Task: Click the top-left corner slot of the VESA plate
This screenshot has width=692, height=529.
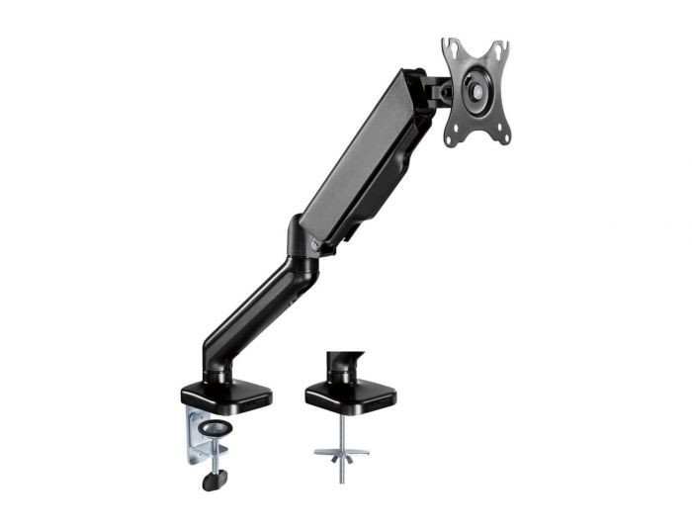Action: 450,45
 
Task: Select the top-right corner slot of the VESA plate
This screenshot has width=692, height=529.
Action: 499,46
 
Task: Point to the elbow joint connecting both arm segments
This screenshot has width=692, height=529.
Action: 301,247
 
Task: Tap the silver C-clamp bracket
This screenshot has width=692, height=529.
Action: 196,430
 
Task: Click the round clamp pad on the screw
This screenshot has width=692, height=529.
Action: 216,427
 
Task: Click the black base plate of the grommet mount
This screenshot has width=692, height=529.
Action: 350,396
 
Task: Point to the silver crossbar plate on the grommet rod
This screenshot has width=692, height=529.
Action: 341,452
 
